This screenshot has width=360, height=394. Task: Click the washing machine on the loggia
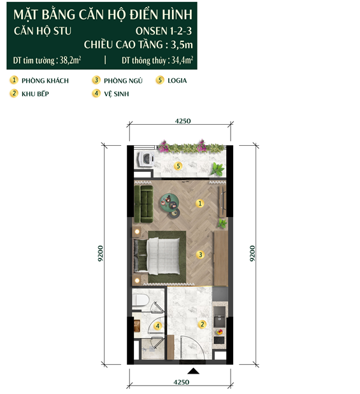145,158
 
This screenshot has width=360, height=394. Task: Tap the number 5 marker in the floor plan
178,166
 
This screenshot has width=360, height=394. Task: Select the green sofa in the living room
143,204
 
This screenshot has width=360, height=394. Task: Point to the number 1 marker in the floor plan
200,203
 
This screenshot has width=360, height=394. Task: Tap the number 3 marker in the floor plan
200,255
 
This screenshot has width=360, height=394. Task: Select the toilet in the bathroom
140,300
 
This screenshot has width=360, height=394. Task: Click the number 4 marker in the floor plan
158,326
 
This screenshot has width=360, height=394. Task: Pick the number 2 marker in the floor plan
202,324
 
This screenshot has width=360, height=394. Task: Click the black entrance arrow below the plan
193,371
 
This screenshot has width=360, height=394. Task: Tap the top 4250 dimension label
183,121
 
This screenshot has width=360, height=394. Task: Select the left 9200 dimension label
101,253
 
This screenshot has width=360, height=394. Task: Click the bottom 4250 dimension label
182,382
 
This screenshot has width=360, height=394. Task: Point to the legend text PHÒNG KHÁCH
45,81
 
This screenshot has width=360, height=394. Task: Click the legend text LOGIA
177,80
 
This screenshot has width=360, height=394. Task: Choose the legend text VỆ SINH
117,94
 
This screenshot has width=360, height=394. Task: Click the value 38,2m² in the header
70,60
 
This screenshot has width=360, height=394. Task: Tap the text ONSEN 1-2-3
164,31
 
